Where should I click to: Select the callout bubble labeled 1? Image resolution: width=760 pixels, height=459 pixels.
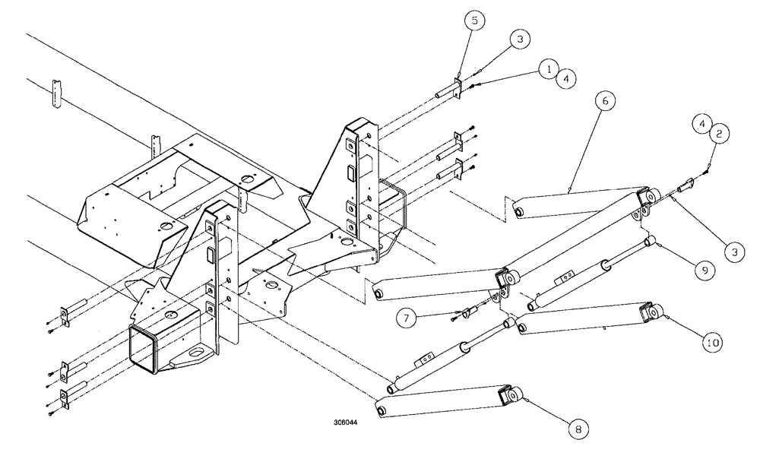[546, 68]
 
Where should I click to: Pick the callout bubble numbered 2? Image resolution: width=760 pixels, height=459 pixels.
[721, 134]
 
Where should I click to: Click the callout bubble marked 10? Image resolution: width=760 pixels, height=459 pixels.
[712, 343]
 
